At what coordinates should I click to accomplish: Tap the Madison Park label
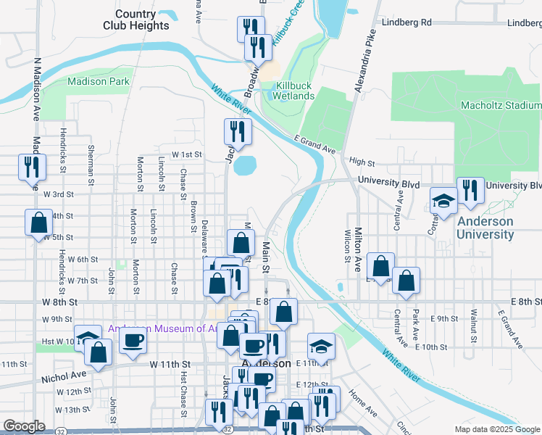[x=99, y=82]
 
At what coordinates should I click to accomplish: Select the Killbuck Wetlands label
[x=294, y=91]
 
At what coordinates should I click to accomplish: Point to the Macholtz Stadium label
[x=501, y=106]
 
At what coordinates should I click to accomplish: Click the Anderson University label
[x=485, y=228]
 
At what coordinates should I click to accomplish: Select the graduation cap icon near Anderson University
[x=443, y=202]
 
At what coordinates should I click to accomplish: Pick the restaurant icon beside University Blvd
[x=470, y=191]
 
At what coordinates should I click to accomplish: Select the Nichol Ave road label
[x=64, y=376]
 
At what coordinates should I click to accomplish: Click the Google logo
[x=24, y=426]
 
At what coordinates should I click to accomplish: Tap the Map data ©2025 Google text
[x=496, y=429]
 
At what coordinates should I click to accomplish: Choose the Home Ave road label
[x=362, y=404]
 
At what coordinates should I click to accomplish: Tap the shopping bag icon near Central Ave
[x=406, y=281]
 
